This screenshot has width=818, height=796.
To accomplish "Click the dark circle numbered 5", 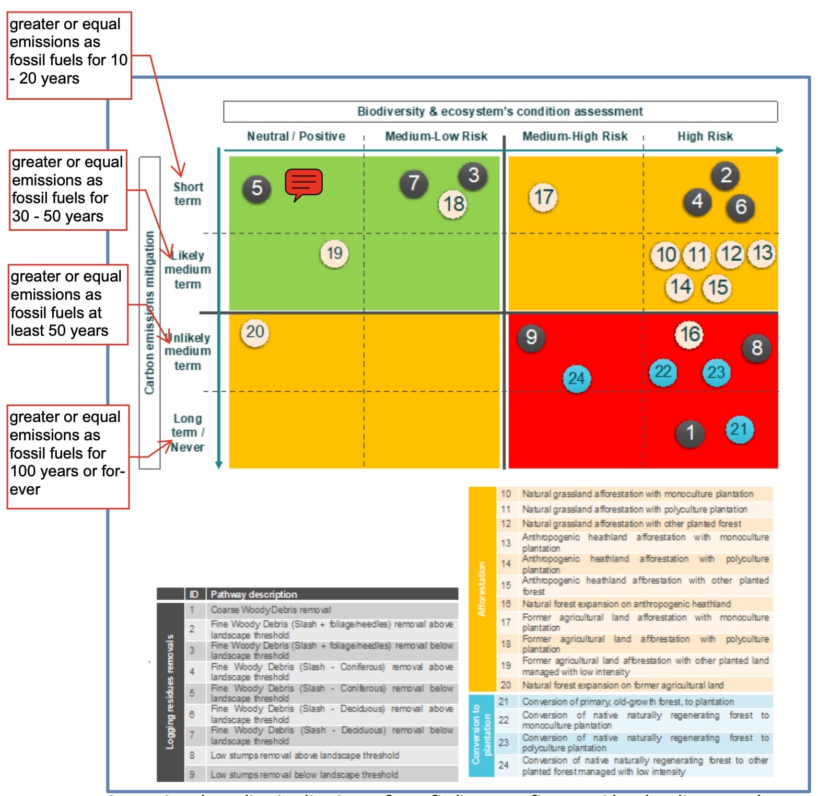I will coord(256,188).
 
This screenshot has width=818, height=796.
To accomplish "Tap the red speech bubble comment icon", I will coord(303,183).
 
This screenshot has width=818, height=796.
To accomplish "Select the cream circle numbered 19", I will coord(334,254).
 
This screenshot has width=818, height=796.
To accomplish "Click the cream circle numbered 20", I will coord(255,332).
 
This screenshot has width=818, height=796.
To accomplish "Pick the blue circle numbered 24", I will coord(577,378).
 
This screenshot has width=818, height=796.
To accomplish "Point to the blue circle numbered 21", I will coord(739,429).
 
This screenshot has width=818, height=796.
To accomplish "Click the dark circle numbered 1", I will coord(690,433).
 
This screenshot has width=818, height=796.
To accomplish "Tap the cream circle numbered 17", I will coord(543,197).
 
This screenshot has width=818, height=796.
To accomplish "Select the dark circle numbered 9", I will coord(531,337).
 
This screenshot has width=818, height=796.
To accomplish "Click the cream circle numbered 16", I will coord(690,334).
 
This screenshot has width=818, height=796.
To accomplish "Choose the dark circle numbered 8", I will coord(757,348).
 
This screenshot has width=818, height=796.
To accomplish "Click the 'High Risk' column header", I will coord(705,136).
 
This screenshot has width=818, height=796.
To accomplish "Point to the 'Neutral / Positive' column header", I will coord(296,136).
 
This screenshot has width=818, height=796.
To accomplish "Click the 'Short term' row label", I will coord(188,194).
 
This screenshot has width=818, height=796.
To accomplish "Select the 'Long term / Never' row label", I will coord(188,432).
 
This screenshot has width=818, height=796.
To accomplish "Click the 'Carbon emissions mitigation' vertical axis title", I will coord(149,312).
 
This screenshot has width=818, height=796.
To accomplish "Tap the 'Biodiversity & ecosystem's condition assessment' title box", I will coord(500,111).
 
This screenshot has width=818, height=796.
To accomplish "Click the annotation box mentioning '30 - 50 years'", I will coord(68,190).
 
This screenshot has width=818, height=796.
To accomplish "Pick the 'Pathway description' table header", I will coord(254,594).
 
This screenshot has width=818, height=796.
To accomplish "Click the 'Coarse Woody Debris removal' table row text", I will coord(271,610).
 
